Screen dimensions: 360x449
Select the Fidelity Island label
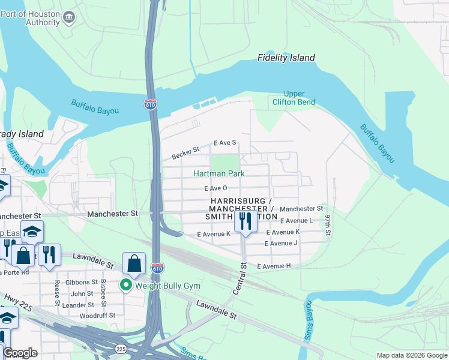(286, 58)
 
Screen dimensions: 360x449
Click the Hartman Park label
(218, 173)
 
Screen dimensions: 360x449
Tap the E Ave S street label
(225, 143)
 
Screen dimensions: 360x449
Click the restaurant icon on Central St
(246, 221)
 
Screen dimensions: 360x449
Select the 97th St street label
(328, 223)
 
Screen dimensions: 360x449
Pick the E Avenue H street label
(274, 266)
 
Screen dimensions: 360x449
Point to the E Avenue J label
(281, 243)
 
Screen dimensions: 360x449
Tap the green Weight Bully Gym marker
(126, 284)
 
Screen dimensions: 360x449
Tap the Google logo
(19, 353)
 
